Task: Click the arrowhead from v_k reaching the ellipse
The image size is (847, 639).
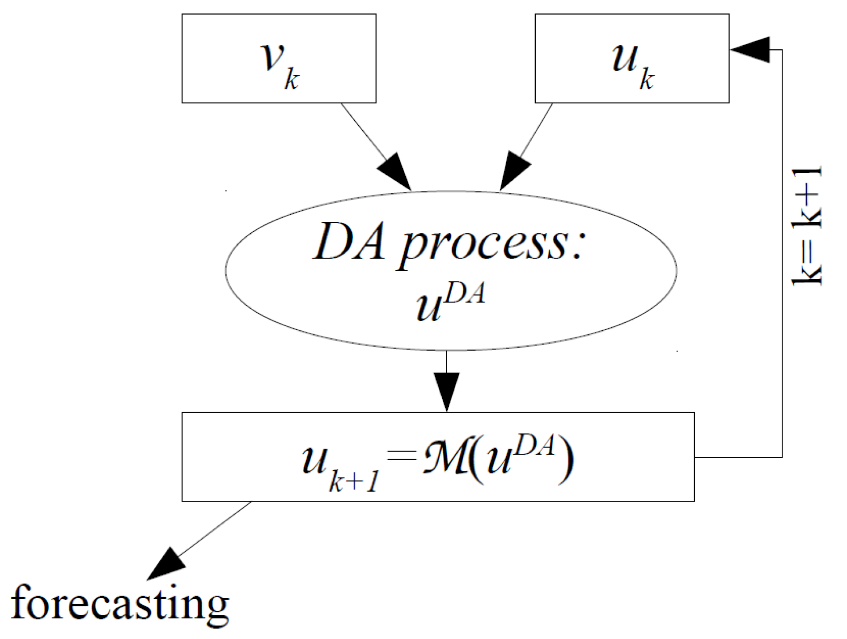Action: click(396, 172)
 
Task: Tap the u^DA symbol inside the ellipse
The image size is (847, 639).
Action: click(449, 302)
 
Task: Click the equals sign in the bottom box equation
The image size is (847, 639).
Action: click(402, 457)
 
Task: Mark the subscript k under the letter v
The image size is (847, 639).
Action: click(292, 80)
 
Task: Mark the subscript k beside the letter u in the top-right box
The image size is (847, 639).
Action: click(647, 80)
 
